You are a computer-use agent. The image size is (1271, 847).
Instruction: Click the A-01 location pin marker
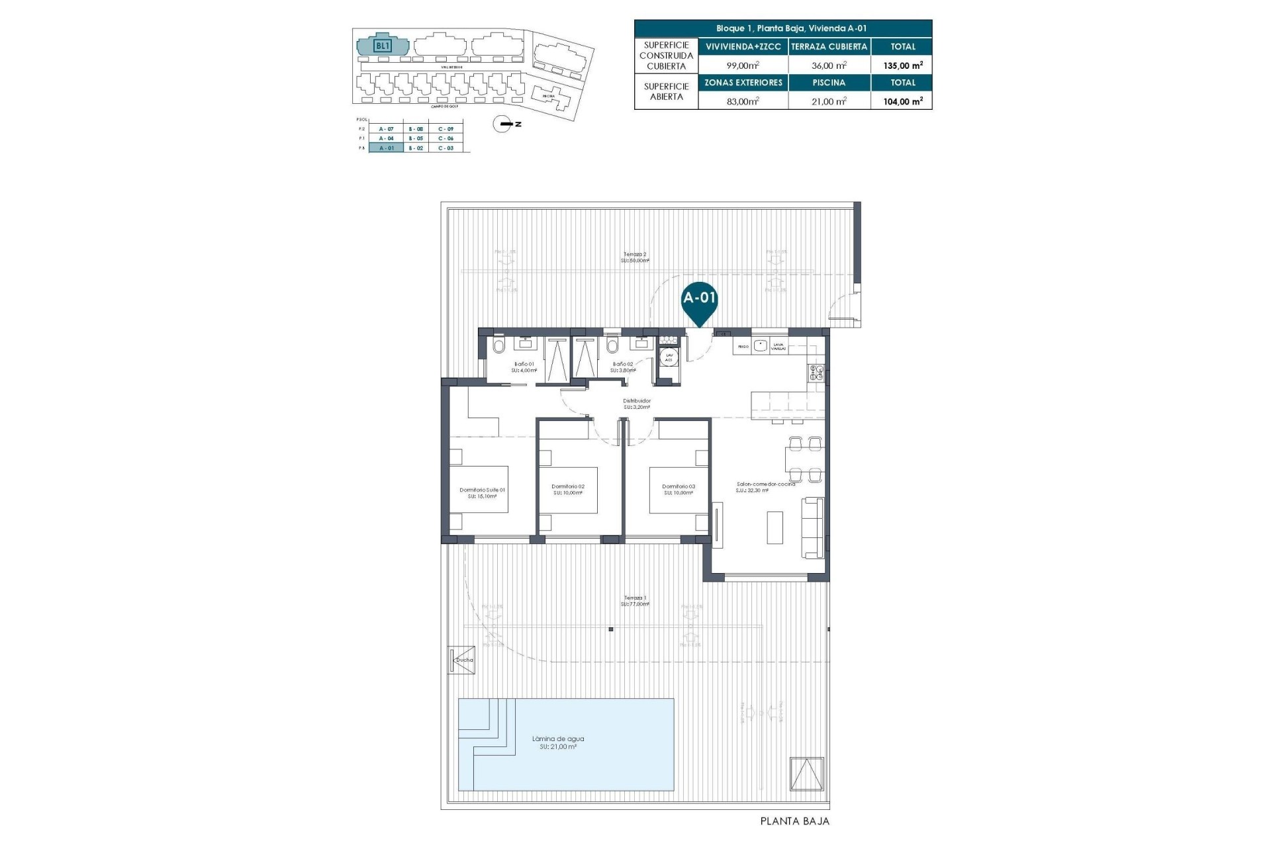[x=700, y=299]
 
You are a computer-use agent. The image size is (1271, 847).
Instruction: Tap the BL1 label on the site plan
[x=383, y=46]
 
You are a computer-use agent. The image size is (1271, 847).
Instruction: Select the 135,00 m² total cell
[x=903, y=66]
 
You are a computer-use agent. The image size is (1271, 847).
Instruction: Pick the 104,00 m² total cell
[x=903, y=101]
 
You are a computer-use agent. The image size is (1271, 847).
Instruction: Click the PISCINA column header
[x=829, y=83]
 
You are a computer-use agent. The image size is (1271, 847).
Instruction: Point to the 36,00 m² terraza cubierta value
[x=829, y=66]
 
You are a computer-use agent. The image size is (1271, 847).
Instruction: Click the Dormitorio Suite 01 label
[x=482, y=490]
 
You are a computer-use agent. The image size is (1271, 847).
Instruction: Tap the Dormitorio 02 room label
[x=568, y=487]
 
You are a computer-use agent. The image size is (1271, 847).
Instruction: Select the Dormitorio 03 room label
[x=679, y=487]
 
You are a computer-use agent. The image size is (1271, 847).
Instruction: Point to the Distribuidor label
[x=637, y=401]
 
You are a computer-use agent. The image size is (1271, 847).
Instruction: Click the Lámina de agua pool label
[x=558, y=739]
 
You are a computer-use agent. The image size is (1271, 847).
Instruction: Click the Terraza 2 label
[x=634, y=254]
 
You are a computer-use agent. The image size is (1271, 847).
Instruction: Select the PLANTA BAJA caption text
[x=794, y=821]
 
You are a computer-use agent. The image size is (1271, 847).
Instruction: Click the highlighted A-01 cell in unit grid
[x=386, y=148]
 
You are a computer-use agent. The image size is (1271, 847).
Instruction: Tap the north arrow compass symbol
[x=504, y=124]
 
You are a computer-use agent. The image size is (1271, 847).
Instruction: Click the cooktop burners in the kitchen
[x=815, y=373]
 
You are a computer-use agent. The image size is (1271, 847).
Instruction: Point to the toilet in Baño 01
[x=498, y=345]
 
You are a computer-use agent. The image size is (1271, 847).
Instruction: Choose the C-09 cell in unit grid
[x=446, y=128]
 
